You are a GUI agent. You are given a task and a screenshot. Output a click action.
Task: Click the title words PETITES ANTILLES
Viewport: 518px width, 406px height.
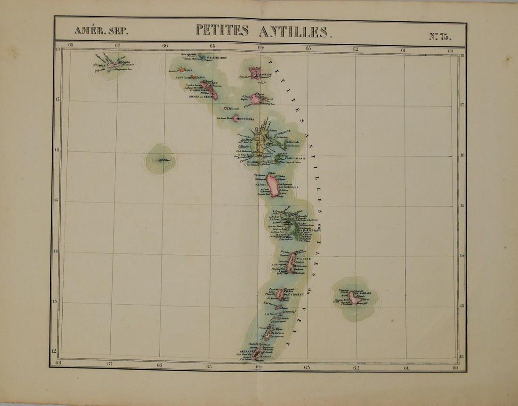click(263, 32)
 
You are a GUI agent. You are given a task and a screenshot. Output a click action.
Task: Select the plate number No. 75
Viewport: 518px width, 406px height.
click(439, 35)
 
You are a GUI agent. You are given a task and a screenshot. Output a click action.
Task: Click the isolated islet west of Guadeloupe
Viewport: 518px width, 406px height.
click(160, 161)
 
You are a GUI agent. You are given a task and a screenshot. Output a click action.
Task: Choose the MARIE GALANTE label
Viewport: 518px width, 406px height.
click(295, 158)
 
